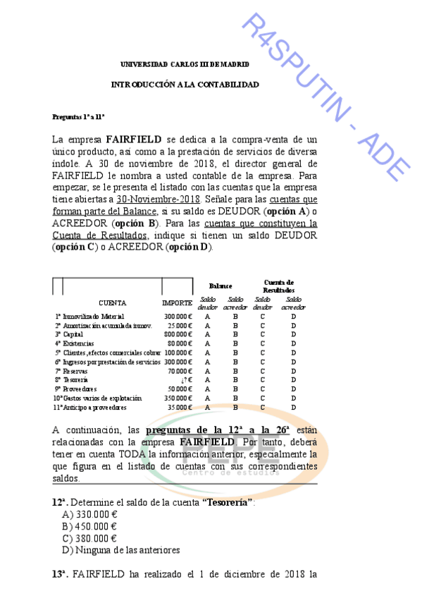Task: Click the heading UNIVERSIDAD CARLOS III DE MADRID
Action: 185,65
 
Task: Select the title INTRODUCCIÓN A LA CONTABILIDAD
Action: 185,85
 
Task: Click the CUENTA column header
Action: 113,303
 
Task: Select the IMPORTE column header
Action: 177,303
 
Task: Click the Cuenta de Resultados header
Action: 278,286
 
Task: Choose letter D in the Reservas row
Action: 293,371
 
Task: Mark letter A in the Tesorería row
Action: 207,380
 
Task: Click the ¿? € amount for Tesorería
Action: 186,380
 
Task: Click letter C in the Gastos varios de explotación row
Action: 263,398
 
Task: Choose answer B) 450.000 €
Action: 89,525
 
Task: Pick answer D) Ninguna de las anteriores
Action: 120,550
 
